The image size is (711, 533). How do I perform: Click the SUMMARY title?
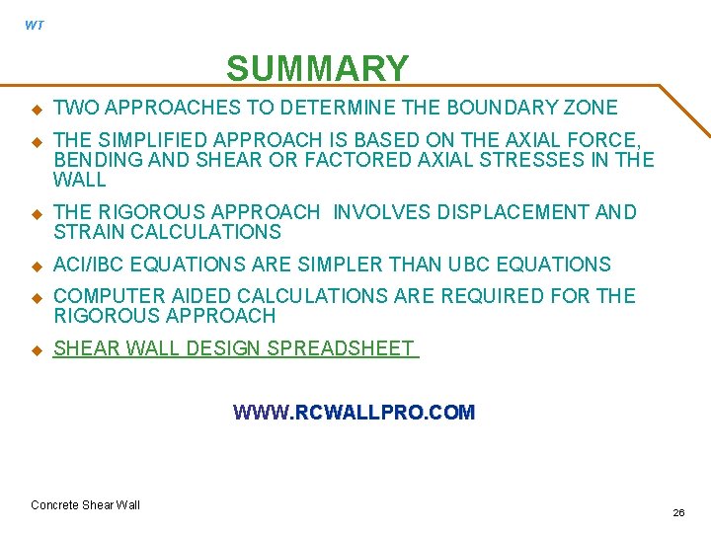pyautogui.click(x=317, y=69)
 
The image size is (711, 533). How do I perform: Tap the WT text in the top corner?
pyautogui.click(x=35, y=26)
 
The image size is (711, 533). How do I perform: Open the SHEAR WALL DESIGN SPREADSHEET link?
pyautogui.click(x=235, y=348)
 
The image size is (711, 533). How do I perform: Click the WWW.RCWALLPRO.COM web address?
pyautogui.click(x=354, y=413)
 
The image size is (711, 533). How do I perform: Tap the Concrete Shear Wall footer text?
pyautogui.click(x=85, y=505)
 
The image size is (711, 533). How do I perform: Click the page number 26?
pyautogui.click(x=678, y=513)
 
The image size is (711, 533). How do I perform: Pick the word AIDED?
pyautogui.click(x=201, y=296)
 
